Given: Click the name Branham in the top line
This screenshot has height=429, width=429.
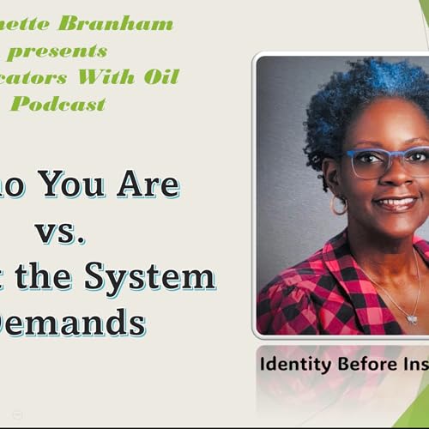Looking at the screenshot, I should [x=129, y=23].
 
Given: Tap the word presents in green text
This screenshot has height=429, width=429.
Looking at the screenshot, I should [x=57, y=51].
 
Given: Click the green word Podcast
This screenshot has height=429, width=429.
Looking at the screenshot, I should [x=58, y=104].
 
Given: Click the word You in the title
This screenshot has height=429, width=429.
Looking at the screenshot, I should [x=77, y=184].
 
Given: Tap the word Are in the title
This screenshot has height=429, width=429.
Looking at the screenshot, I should [x=148, y=184].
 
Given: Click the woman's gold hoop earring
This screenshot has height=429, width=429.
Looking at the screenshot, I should [x=340, y=205].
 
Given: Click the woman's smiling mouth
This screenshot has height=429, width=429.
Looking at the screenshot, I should [x=396, y=203].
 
